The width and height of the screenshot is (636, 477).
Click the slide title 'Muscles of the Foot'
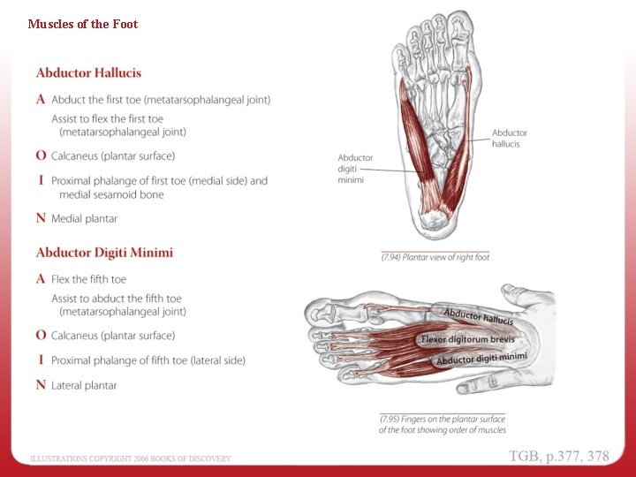pyautogui.click(x=82, y=24)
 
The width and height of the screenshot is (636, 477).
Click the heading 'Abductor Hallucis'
pyautogui.click(x=88, y=72)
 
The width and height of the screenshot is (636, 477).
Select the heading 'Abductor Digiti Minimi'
pyautogui.click(x=104, y=253)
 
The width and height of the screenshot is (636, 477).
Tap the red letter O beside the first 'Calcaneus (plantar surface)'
pyautogui.click(x=42, y=155)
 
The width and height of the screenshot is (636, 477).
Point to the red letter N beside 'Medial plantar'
pyautogui.click(x=41, y=218)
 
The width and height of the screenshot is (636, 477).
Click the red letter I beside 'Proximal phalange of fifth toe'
pyautogui.click(x=42, y=360)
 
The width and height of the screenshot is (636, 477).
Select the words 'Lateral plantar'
pyautogui.click(x=84, y=385)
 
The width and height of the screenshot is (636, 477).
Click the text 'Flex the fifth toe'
pyautogui.click(x=88, y=279)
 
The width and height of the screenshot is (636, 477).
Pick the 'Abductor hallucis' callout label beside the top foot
pyautogui.click(x=509, y=138)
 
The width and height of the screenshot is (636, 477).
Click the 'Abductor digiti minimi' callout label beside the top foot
pyautogui.click(x=355, y=168)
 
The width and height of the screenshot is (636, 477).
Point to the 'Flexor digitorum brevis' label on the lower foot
pyautogui.click(x=467, y=339)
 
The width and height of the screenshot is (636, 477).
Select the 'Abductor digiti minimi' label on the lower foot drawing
pyautogui.click(x=481, y=359)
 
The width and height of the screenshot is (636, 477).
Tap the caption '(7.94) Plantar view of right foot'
pyautogui.click(x=435, y=257)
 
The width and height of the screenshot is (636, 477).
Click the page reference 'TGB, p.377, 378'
pyautogui.click(x=558, y=456)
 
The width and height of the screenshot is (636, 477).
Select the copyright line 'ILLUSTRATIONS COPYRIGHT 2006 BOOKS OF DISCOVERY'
pyautogui.click(x=131, y=458)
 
